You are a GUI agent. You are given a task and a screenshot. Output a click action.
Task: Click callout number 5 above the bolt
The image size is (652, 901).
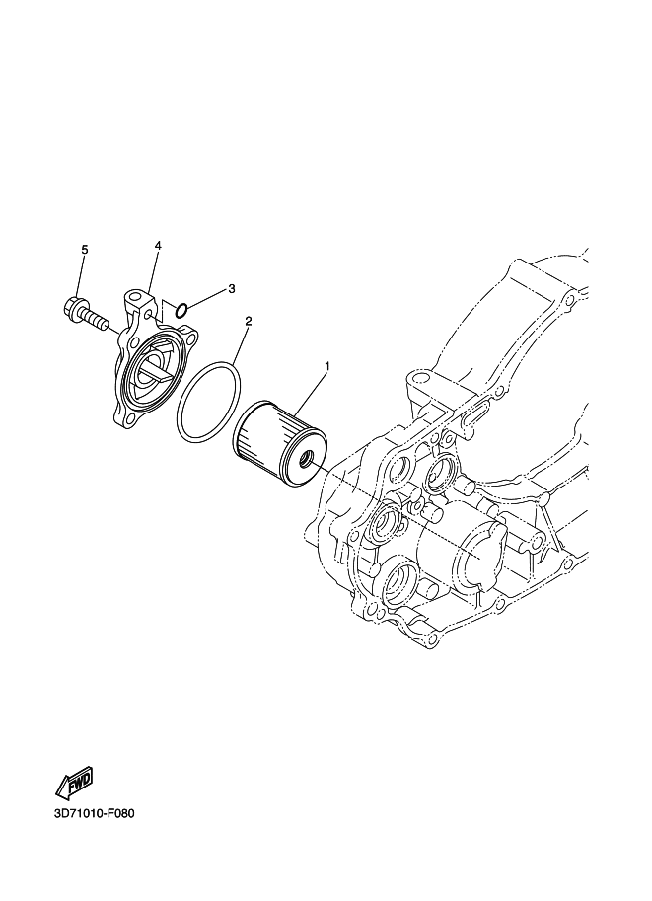[85, 250]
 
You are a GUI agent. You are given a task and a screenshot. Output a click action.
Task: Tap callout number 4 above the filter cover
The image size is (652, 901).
[158, 246]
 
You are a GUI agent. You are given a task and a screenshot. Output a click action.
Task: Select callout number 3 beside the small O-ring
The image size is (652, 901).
[232, 288]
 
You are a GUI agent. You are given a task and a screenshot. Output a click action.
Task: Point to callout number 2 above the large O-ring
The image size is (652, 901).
[249, 321]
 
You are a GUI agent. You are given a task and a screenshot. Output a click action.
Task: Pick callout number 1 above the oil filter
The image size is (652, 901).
[328, 366]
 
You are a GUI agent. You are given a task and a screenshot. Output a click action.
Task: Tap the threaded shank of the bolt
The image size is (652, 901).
[96, 320]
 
